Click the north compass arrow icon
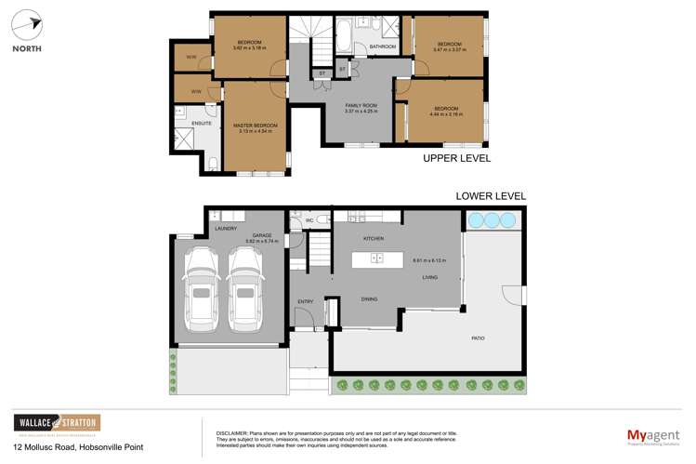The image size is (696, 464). coord(27,26)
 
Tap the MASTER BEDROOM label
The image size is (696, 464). coord(254,125)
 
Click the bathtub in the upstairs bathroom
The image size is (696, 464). coord(343,38)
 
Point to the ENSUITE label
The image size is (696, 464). coord(201,123)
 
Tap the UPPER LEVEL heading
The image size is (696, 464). coord(456,159)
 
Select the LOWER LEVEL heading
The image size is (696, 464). coord(490,196)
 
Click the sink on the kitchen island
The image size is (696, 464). coord(376,259)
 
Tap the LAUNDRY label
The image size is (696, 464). coord(226,228)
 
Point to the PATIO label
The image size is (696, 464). coord(478,338)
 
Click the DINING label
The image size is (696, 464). coord(369,298)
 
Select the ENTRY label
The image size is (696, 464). coord(306,301)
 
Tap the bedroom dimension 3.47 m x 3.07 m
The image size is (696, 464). coord(449,50)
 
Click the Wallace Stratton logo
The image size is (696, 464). coord(56,425)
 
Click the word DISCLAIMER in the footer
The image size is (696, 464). coord(232,433)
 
